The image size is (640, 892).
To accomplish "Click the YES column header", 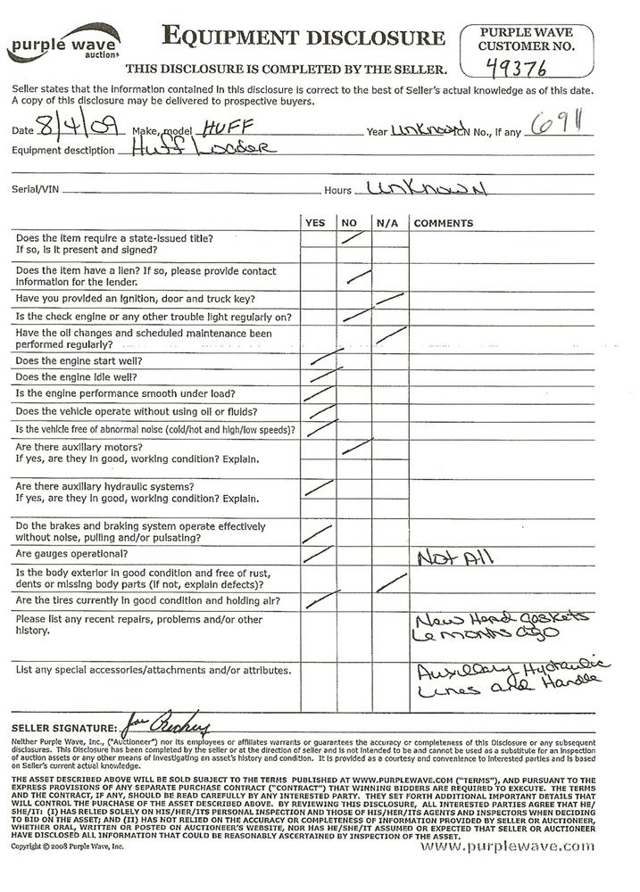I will click(x=315, y=222).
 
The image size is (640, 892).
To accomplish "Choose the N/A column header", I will click(x=386, y=222).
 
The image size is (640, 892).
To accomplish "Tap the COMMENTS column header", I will click(x=444, y=222).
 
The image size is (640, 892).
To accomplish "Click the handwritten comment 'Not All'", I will click(x=454, y=558).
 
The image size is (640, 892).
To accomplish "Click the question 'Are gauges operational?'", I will click(x=73, y=554).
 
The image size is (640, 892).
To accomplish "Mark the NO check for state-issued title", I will click(x=353, y=237).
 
